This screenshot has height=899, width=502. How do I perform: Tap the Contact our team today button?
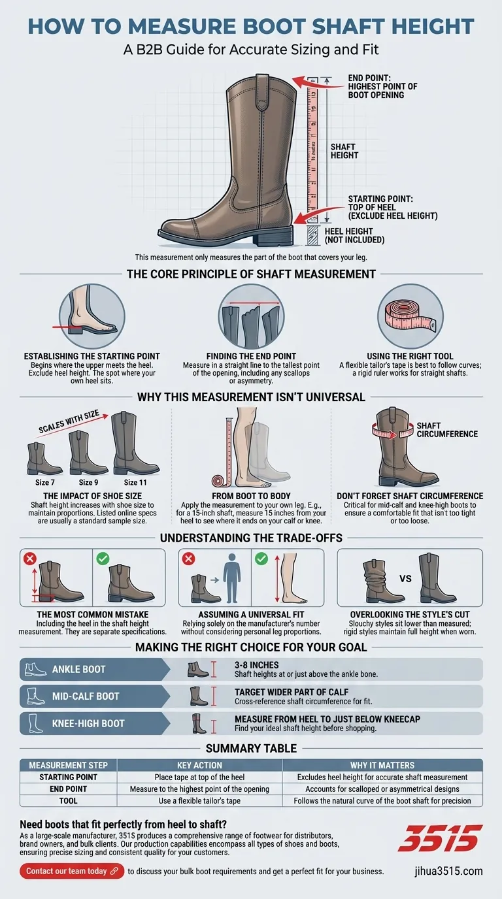pos(71,871)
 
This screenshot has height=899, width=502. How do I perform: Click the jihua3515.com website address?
pos(448,871)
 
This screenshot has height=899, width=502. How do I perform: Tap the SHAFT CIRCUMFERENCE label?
pos(446,429)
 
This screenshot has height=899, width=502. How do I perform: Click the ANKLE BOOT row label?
pos(78,670)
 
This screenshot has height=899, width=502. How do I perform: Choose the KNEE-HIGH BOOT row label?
pos(88,723)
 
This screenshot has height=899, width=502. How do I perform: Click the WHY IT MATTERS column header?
pos(382,765)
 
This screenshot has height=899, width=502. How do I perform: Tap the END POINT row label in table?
pos(68,789)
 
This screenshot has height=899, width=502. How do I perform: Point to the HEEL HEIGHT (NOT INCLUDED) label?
pos(354,235)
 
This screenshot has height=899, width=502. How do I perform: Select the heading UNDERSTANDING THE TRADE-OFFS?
pos(251,538)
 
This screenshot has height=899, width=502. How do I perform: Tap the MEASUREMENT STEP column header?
pos(68,765)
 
